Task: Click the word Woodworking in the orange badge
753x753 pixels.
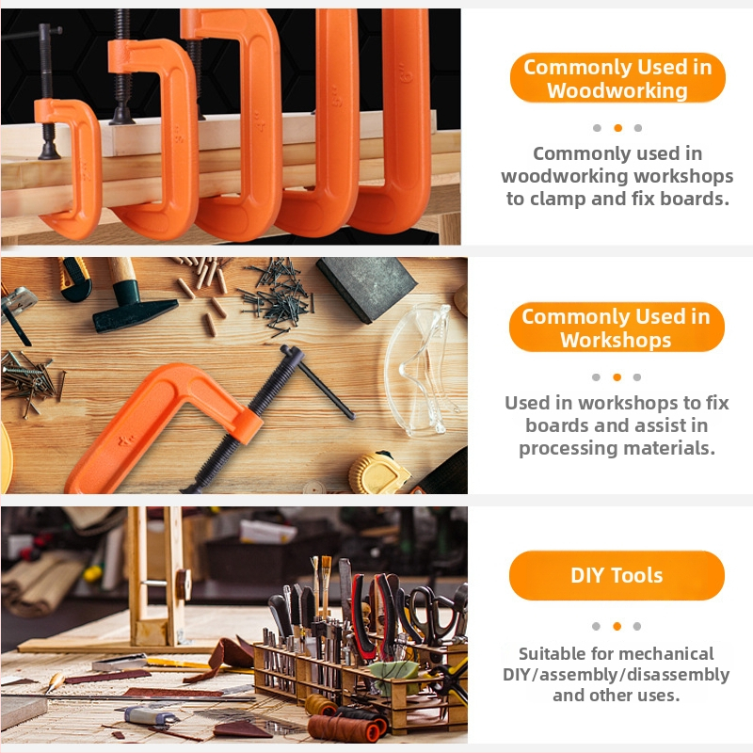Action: coord(617,90)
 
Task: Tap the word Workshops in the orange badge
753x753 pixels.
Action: coord(616,340)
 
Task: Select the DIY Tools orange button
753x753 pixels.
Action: coord(617,575)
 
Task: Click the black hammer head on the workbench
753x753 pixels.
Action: coord(135,313)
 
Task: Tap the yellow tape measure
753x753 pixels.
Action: coord(378,473)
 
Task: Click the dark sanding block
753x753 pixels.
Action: coord(366,288)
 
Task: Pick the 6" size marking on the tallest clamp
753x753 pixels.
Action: coord(406,73)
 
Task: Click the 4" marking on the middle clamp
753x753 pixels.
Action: coord(260,121)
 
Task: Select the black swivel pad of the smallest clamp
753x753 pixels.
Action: coord(49,150)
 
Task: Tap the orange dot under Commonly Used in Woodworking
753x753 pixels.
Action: coord(617,128)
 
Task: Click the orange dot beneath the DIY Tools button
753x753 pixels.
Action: coord(617,626)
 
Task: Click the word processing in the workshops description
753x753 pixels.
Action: coord(569,449)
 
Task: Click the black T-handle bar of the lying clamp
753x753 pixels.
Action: coord(318,381)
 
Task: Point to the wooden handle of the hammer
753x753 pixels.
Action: coord(121,269)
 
